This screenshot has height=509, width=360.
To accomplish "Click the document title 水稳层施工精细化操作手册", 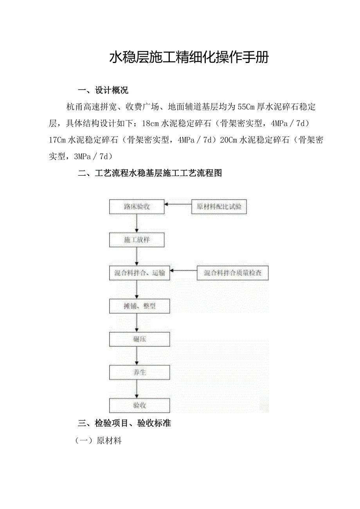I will (x=189, y=58).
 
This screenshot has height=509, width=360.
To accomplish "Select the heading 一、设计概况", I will (x=103, y=90).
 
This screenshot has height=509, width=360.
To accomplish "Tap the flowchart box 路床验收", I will (x=137, y=207).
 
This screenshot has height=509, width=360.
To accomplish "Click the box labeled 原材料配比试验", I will (x=219, y=207).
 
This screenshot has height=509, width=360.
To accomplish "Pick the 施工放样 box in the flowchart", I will (x=137, y=240).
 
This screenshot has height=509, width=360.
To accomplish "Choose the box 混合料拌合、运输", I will (x=139, y=273).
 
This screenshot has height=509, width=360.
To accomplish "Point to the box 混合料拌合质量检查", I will (x=232, y=273).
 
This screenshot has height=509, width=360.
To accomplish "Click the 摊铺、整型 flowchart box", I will (x=139, y=306).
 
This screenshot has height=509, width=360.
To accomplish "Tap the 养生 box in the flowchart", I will (x=139, y=372).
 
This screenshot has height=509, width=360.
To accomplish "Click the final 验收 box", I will (x=139, y=406).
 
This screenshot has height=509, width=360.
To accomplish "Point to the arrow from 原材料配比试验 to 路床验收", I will (x=178, y=204).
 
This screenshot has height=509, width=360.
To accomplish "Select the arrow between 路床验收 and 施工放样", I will (x=137, y=223).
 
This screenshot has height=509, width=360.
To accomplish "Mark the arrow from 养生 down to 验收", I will (x=137, y=389).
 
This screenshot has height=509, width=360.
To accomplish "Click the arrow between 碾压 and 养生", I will (x=137, y=356).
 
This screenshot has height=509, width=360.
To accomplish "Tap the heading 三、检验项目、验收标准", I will (x=124, y=423).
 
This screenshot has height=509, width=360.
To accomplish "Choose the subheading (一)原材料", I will (x=98, y=441).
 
